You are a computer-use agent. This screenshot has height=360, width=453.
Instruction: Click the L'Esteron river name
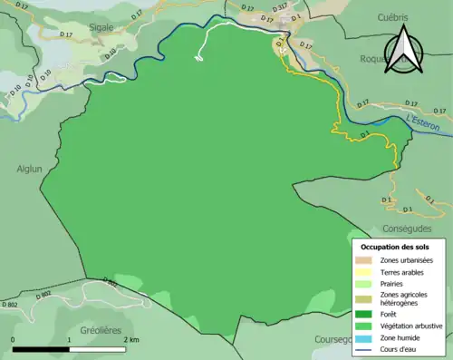(x=423, y=122)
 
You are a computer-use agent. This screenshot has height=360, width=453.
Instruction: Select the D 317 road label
(x=282, y=7)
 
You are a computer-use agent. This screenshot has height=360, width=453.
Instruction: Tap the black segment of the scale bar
(x=41, y=349)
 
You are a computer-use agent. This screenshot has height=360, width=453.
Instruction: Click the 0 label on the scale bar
(x=13, y=339)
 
